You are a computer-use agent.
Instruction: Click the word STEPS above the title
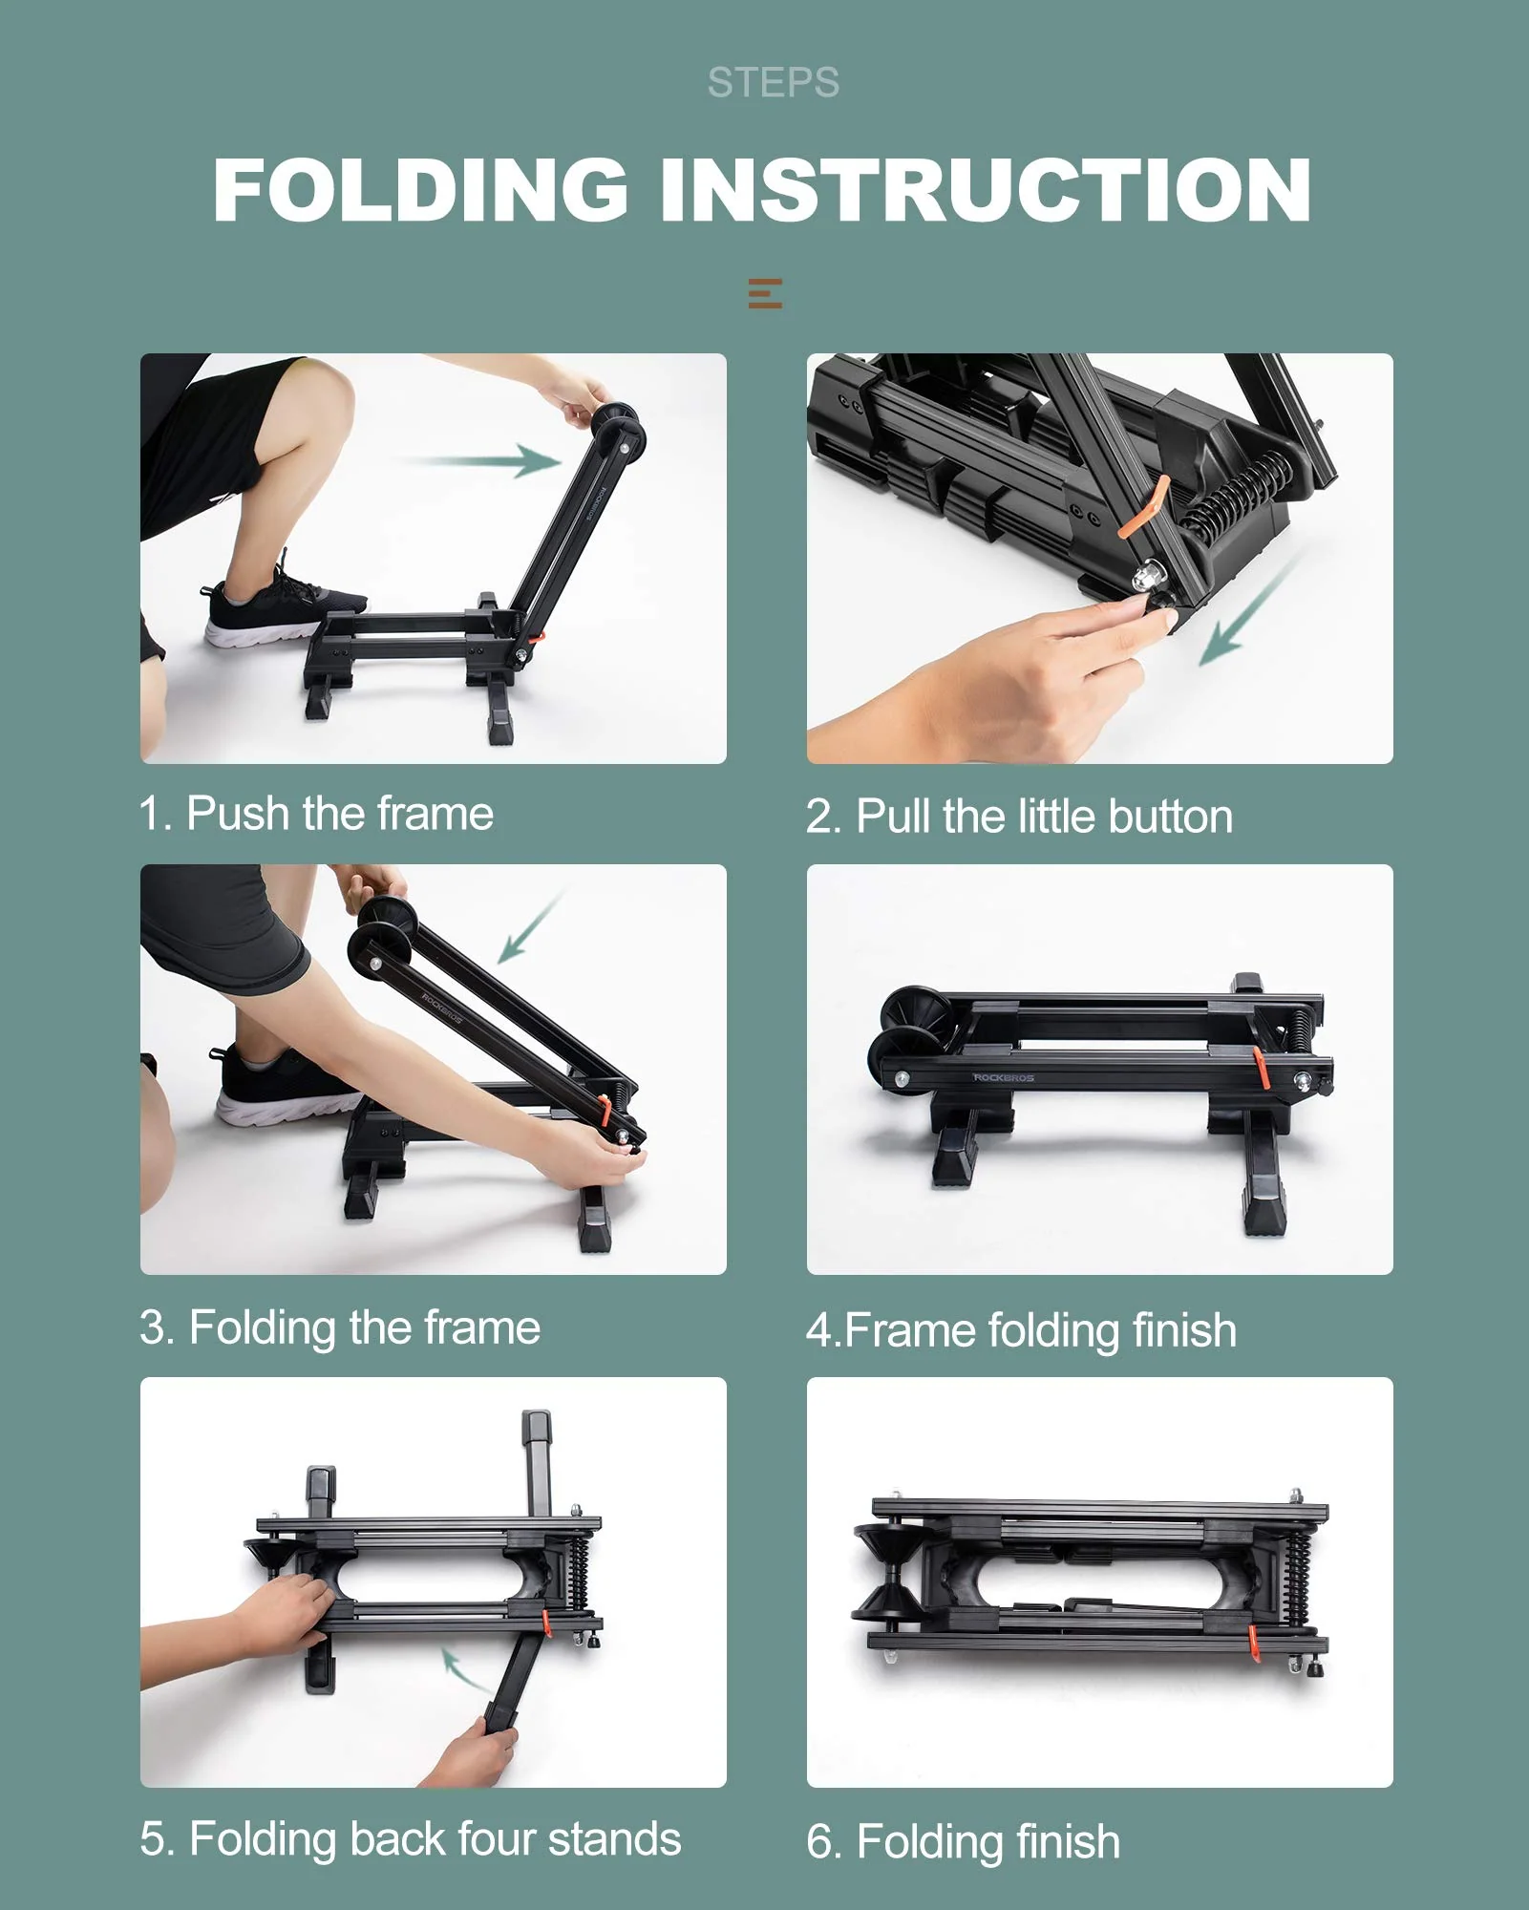click(x=773, y=83)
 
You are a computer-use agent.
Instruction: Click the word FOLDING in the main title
click(x=420, y=190)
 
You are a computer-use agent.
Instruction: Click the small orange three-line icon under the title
click(x=765, y=293)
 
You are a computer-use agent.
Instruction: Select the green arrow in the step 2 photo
click(x=1246, y=611)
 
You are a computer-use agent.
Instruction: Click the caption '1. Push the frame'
click(x=316, y=814)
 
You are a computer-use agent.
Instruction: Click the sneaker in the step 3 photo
click(x=282, y=1089)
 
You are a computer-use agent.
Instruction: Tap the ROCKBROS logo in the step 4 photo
click(x=1003, y=1077)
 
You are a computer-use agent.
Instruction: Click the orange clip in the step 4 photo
click(x=1260, y=1068)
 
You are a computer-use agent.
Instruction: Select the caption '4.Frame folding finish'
click(x=1020, y=1330)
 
